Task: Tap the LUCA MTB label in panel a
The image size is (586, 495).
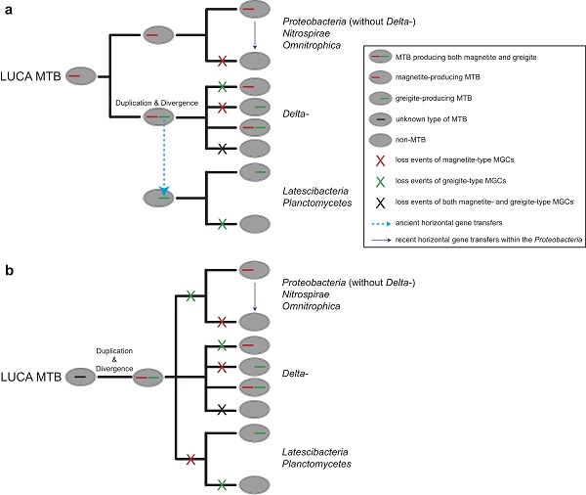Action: click(32, 73)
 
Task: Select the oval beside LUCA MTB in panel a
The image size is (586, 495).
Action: click(81, 73)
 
